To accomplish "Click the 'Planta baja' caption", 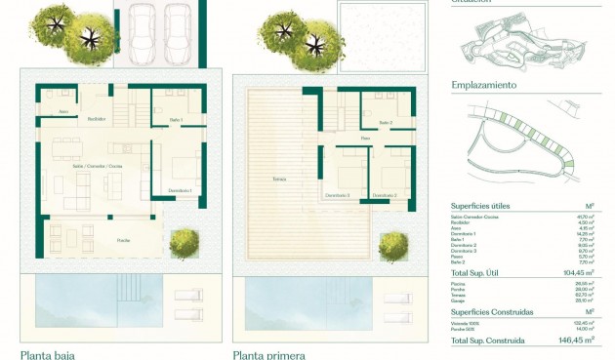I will tap(48, 355).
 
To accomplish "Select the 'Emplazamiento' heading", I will tap(483, 85).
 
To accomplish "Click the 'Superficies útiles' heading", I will tap(480, 206).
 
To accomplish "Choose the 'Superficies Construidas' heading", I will tap(492, 312).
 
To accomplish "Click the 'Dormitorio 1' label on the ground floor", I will tap(179, 190).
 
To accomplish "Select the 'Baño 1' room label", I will tap(176, 119).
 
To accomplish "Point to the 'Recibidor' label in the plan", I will tap(97, 119).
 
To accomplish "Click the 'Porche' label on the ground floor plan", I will tap(124, 239).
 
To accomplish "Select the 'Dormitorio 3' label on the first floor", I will tap(340, 195).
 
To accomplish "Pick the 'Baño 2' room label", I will tap(386, 123).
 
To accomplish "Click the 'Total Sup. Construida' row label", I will tap(487, 340).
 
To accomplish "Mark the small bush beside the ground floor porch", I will tap(184, 244).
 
